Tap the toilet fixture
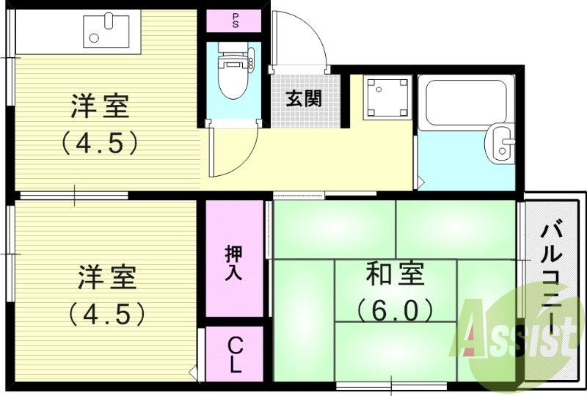point(234,73)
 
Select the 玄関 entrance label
point(303,98)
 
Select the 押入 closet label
point(235,263)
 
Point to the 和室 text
point(395,276)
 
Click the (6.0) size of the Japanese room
point(395,311)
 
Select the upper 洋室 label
point(101,107)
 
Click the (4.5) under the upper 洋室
point(101,142)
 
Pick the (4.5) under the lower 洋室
point(107,314)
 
